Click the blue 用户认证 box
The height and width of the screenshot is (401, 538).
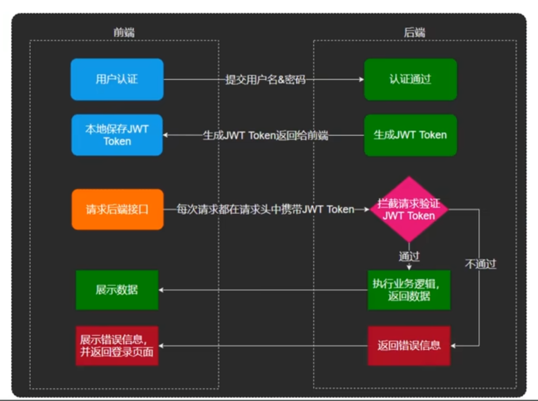[117, 79]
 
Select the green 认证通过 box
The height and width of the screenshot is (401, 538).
[410, 79]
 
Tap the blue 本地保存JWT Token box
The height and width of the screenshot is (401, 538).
[117, 135]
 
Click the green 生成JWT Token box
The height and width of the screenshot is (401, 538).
[410, 135]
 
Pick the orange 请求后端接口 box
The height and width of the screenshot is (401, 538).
[117, 210]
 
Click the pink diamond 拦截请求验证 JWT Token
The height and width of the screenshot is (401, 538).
[409, 210]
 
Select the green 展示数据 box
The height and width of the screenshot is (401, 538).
[117, 290]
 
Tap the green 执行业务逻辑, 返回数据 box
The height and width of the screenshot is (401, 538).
[409, 290]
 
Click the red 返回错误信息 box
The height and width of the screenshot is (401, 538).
[409, 345]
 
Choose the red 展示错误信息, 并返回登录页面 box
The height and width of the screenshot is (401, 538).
[117, 345]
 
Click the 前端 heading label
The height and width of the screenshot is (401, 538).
[124, 32]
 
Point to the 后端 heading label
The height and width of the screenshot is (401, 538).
[414, 32]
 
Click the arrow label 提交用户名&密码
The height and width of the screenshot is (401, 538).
[265, 80]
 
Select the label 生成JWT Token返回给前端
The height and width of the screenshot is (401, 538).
[265, 136]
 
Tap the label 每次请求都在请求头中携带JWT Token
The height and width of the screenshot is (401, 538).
[265, 210]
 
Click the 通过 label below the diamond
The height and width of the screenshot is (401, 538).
[409, 256]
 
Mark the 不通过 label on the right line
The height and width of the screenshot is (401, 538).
[480, 264]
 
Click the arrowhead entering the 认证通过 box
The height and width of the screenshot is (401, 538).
[361, 80]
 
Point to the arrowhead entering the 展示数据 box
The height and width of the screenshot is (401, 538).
[162, 290]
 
